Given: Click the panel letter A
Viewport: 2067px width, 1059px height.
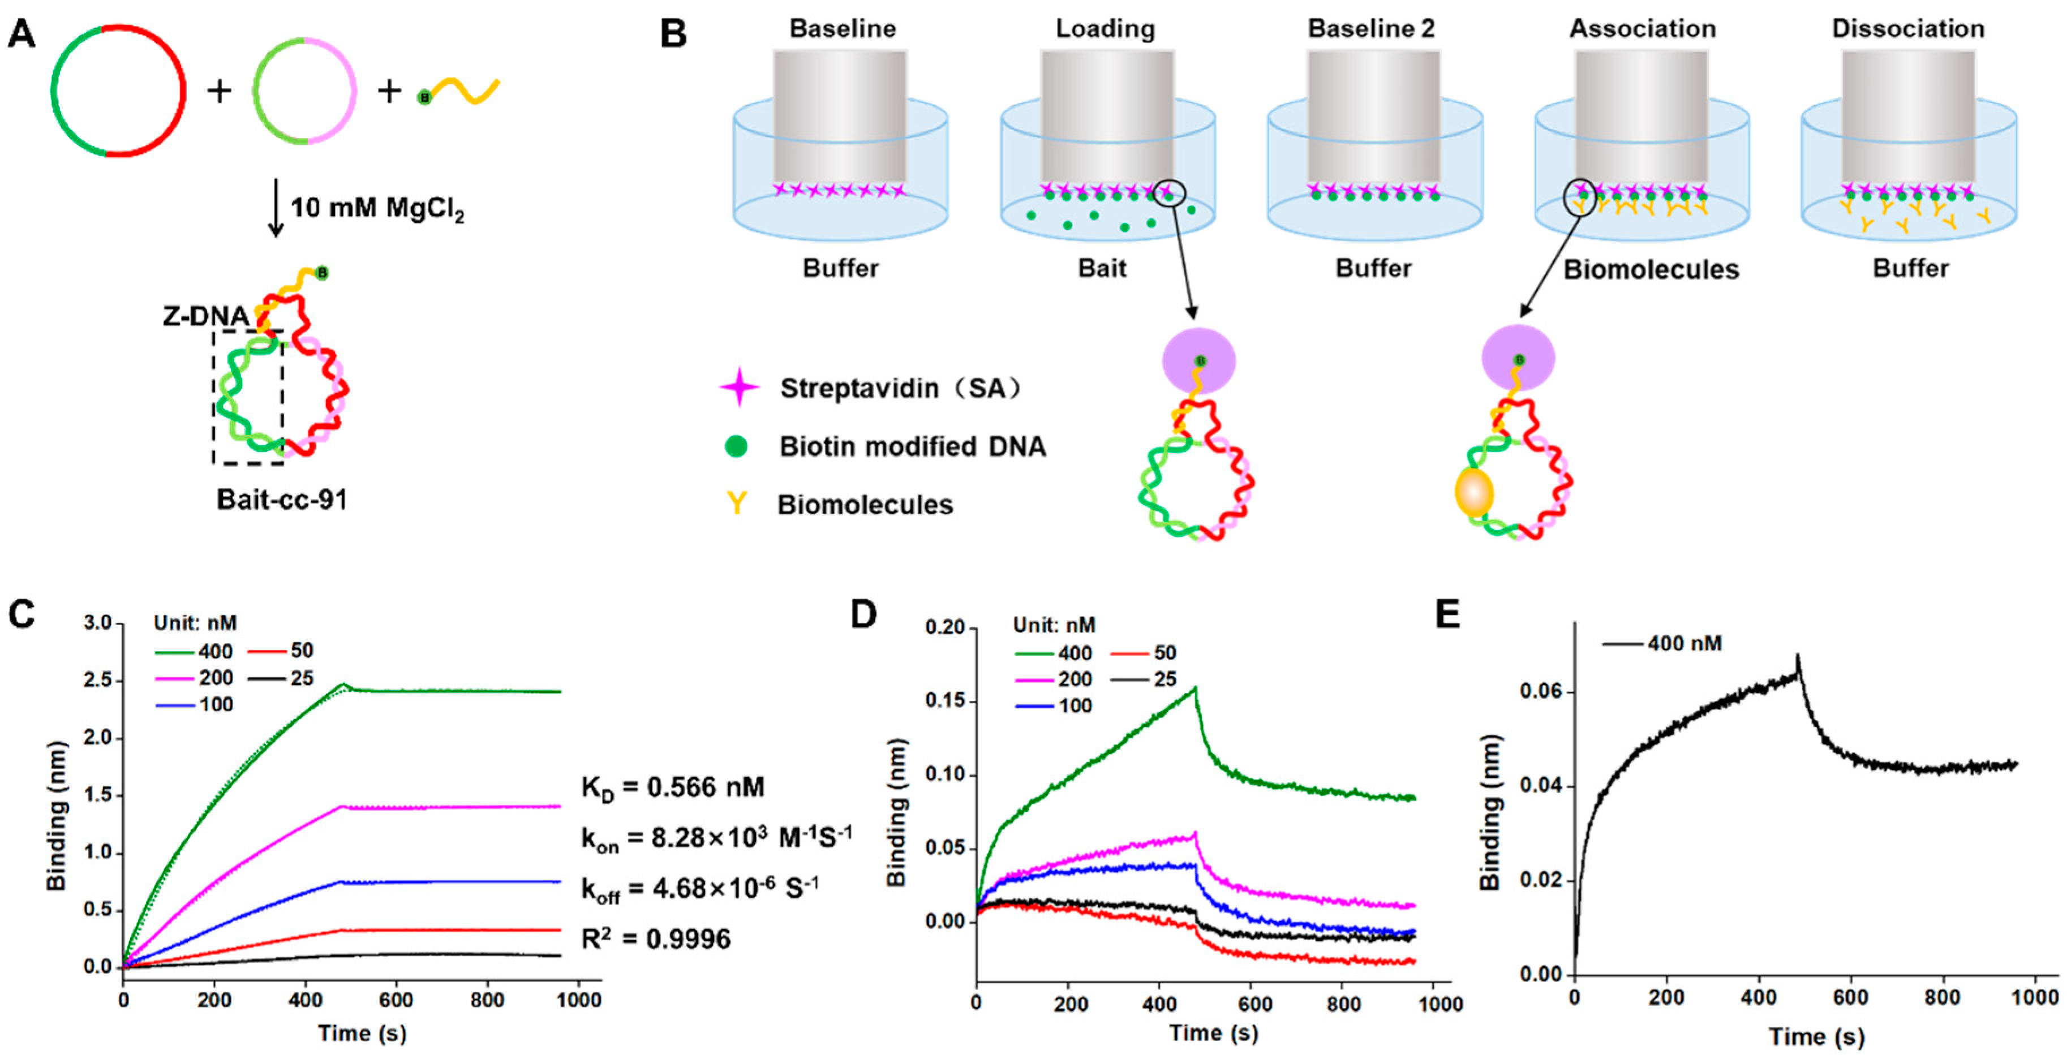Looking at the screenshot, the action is (22, 34).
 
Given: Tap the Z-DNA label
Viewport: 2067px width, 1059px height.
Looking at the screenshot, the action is (205, 316).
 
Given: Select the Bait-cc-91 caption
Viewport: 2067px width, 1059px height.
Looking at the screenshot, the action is (282, 500).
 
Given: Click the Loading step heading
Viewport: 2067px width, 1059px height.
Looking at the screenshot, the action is (1105, 29).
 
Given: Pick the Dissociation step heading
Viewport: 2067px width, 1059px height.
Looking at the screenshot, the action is (1908, 29).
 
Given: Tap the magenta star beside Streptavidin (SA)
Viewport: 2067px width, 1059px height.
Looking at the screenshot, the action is (739, 388).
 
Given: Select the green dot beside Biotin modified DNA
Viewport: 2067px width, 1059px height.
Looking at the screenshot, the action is (736, 446).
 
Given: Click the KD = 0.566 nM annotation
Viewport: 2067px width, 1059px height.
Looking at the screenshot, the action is (672, 787).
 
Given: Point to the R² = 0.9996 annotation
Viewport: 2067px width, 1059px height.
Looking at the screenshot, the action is (656, 938).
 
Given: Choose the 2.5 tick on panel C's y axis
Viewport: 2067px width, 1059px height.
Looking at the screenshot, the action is (98, 681).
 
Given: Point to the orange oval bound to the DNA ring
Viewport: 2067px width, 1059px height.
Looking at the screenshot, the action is (1474, 493).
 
